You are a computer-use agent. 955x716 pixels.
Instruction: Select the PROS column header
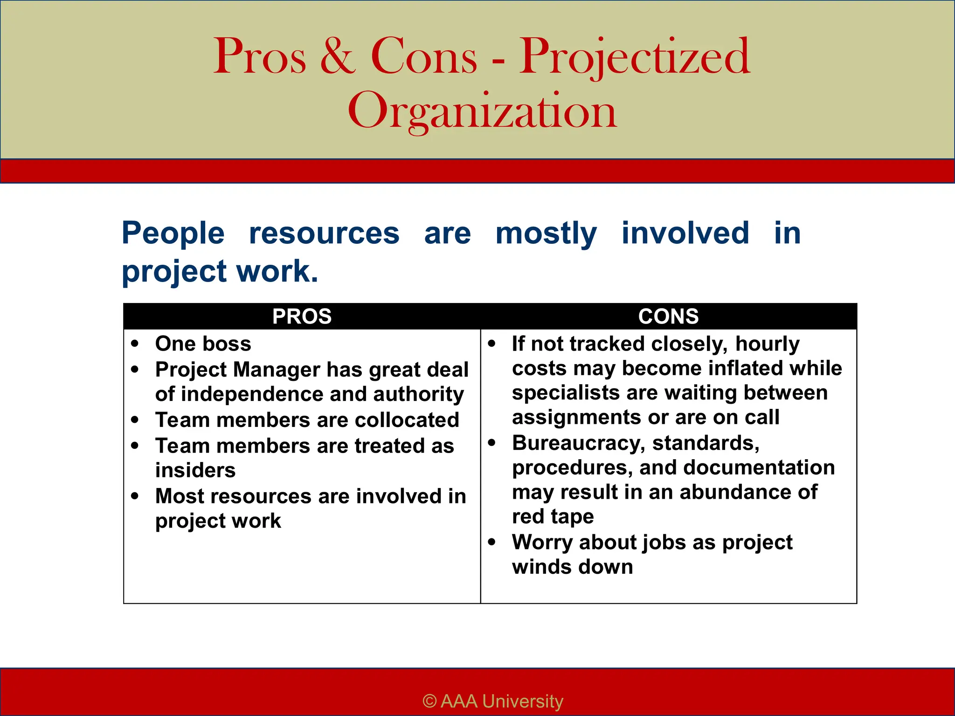[302, 317]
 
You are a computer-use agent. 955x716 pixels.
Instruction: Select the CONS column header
[668, 317]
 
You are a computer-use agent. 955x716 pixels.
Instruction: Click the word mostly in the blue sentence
[546, 233]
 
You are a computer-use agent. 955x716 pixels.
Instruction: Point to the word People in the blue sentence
[173, 233]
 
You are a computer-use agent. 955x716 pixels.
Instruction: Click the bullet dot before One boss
[135, 344]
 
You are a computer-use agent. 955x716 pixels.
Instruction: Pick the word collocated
[407, 420]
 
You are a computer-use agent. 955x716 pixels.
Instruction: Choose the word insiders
[195, 470]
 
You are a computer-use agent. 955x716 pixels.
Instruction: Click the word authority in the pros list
[418, 394]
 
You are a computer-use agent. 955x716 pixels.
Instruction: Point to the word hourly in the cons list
[767, 344]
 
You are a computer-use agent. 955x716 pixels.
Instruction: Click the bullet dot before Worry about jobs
[491, 542]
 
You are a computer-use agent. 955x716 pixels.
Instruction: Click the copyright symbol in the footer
[429, 701]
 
